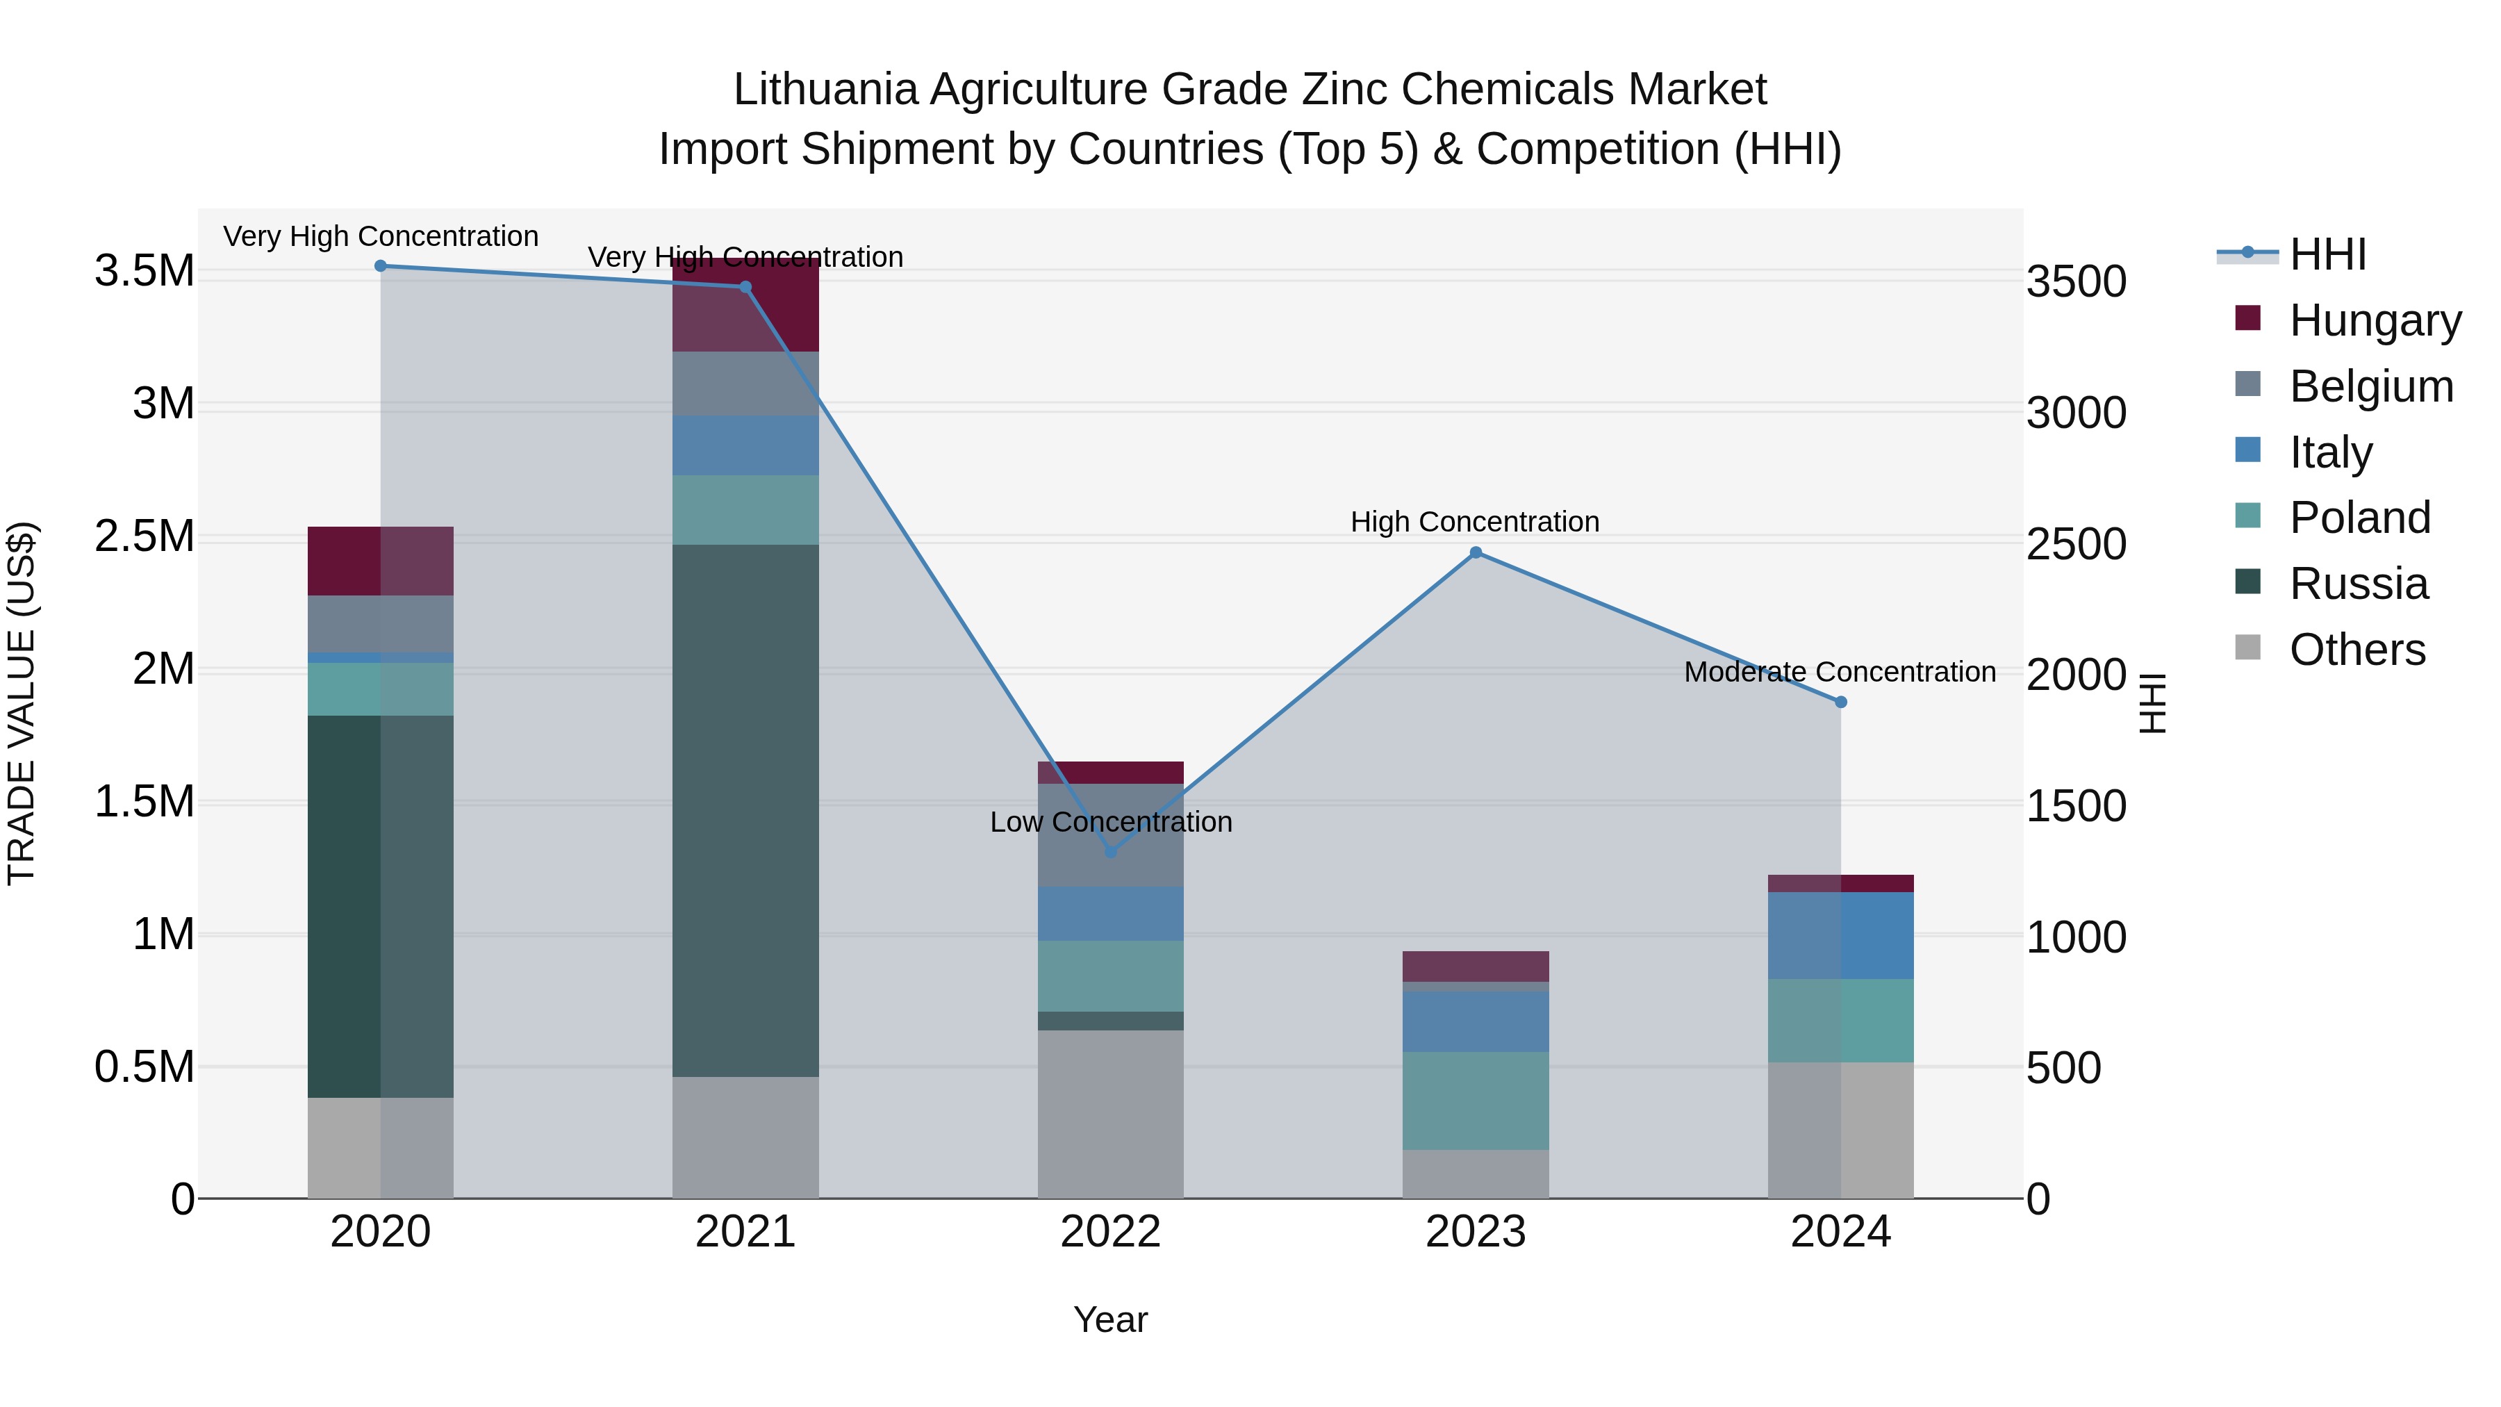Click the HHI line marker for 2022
(x=1111, y=852)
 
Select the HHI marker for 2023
(x=1476, y=552)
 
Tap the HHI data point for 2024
(x=1841, y=702)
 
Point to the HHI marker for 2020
(x=381, y=266)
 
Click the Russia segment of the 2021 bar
(x=745, y=810)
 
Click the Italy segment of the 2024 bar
(x=1841, y=935)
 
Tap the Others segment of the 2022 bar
(x=1111, y=1114)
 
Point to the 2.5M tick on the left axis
(x=144, y=536)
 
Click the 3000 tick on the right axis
(x=2076, y=413)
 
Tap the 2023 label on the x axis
(x=1476, y=1232)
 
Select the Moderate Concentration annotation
(x=1840, y=672)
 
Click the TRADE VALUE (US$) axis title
(x=22, y=703)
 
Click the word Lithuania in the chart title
(x=824, y=90)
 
